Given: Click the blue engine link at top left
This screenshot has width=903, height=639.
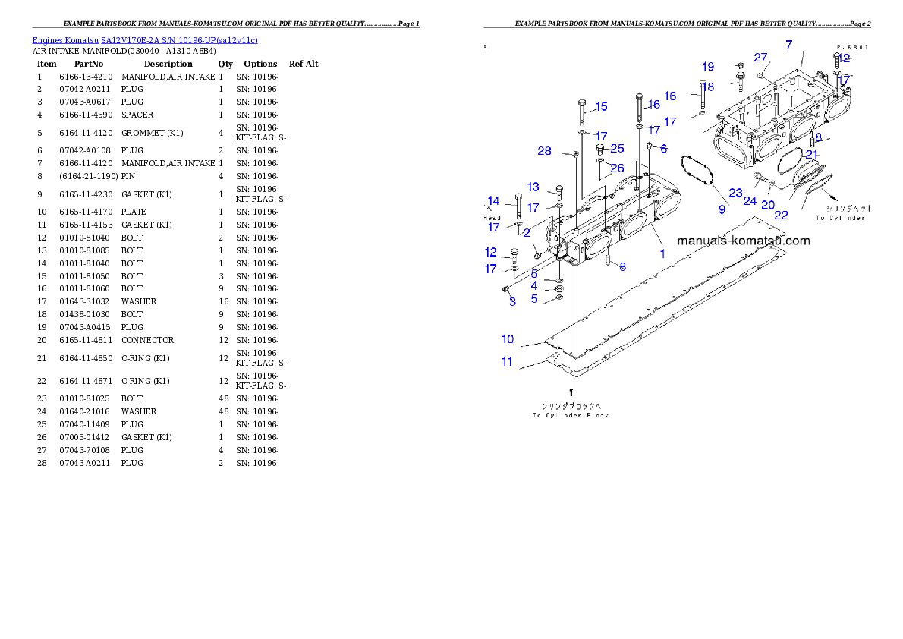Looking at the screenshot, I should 145,39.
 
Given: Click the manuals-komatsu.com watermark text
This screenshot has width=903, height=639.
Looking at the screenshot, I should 743,241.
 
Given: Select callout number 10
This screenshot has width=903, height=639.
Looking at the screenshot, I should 508,338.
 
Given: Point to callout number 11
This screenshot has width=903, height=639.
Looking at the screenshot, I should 507,361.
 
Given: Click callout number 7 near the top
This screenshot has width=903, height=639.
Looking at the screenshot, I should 788,46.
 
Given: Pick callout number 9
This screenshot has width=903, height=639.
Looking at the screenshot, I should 722,209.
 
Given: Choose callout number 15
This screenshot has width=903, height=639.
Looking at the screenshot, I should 602,106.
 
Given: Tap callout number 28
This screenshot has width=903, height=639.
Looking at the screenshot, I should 545,151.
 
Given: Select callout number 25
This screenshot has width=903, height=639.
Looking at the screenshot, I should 617,148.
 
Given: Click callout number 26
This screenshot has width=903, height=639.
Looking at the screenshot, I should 617,168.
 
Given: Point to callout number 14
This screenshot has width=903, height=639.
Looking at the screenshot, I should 494,201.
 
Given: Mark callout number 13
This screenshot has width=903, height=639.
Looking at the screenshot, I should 533,187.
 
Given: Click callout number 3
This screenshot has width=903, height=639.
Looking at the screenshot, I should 512,301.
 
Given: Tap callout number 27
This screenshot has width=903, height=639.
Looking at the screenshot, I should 761,58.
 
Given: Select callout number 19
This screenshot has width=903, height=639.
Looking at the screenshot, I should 708,67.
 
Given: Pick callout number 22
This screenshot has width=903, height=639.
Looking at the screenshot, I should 781,215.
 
